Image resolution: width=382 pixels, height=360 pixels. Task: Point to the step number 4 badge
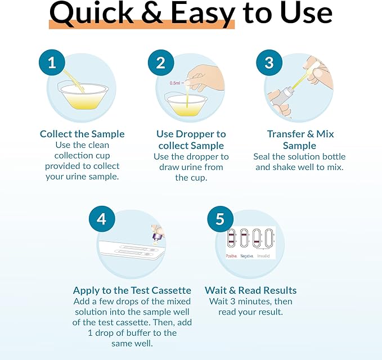pos(102,219)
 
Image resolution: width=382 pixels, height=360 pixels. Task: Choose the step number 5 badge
pos(220,219)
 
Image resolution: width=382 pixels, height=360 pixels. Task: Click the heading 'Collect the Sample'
pos(82,134)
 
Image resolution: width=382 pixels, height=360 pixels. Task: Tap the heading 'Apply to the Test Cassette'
pos(132,290)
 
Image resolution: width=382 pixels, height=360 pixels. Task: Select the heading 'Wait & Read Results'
pos(250,290)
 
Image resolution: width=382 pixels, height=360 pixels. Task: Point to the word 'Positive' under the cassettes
pos(231,256)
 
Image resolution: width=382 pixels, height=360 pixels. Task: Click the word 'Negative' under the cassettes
pos(247,256)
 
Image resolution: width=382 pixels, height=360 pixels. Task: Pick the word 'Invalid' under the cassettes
pos(263,256)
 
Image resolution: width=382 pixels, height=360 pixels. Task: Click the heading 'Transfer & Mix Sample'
pos(300,139)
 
